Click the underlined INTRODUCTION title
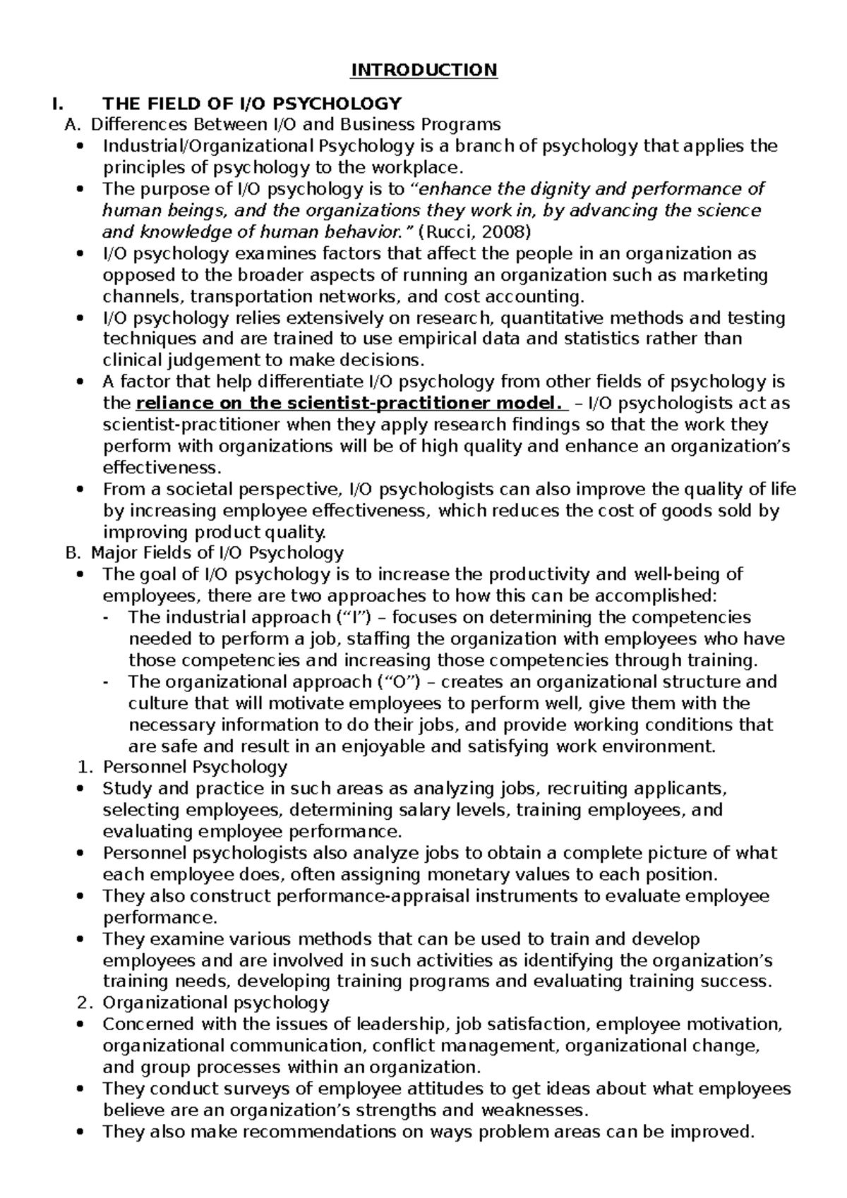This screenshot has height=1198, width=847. pyautogui.click(x=424, y=70)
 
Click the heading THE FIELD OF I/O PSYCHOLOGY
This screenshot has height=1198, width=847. pyautogui.click(x=252, y=104)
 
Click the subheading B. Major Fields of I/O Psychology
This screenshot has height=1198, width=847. pyautogui.click(x=204, y=552)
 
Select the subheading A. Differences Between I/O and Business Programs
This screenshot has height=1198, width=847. pyautogui.click(x=282, y=125)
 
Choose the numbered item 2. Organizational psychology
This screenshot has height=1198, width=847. pyautogui.click(x=207, y=1003)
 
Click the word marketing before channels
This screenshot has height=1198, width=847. pyautogui.click(x=727, y=275)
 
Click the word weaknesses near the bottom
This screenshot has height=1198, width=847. pyautogui.click(x=534, y=1110)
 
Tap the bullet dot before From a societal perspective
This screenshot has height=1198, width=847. pyautogui.click(x=83, y=490)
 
